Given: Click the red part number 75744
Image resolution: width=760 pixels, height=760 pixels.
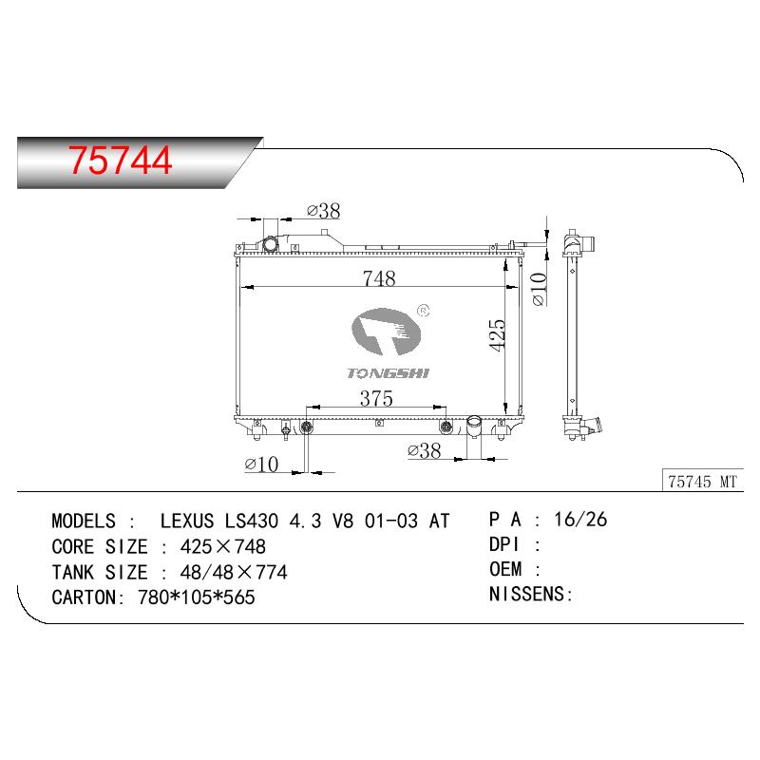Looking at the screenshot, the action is click(x=121, y=161).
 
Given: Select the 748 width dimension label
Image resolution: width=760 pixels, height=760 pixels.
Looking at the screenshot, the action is click(x=379, y=278).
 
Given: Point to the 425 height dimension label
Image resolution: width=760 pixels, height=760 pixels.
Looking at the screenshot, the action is click(x=497, y=334).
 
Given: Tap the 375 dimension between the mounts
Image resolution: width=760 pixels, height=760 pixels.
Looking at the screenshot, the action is click(x=376, y=398).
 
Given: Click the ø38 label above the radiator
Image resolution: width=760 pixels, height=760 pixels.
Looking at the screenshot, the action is click(x=324, y=211).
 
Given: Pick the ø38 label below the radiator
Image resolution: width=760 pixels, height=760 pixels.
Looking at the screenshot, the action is click(x=425, y=450).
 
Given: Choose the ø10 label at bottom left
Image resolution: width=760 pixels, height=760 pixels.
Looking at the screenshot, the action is click(x=262, y=465).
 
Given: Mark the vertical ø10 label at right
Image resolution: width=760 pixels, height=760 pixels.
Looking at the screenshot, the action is click(x=539, y=290).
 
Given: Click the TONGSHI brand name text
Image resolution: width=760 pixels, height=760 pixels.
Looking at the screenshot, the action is click(x=389, y=372).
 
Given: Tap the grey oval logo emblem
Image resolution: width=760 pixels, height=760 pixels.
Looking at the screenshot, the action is click(x=386, y=332).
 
